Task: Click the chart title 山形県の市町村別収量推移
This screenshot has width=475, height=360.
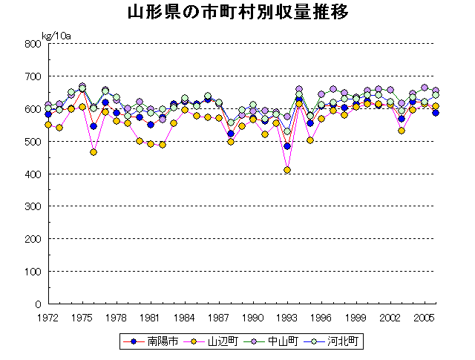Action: (237, 13)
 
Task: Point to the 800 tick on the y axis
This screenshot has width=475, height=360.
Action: (32, 44)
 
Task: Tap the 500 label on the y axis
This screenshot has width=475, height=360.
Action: (32, 141)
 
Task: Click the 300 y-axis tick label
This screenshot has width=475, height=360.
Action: (32, 206)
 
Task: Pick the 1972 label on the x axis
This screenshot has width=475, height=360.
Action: (49, 317)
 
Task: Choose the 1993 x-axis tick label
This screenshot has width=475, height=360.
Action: (287, 317)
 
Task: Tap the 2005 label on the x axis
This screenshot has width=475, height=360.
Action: (424, 317)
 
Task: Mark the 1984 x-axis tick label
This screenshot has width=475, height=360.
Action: (185, 317)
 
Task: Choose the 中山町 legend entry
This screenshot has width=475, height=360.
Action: (277, 341)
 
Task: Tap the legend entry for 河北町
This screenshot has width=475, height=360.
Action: (339, 341)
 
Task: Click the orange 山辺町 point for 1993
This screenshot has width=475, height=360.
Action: (287, 170)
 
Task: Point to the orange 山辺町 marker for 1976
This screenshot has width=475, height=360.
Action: (94, 152)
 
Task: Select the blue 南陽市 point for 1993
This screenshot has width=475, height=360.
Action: (287, 146)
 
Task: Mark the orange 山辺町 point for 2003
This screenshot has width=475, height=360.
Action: (402, 131)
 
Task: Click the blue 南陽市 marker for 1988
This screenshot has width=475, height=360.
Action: (230, 134)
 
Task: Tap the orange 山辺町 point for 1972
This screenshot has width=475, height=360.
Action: (48, 125)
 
